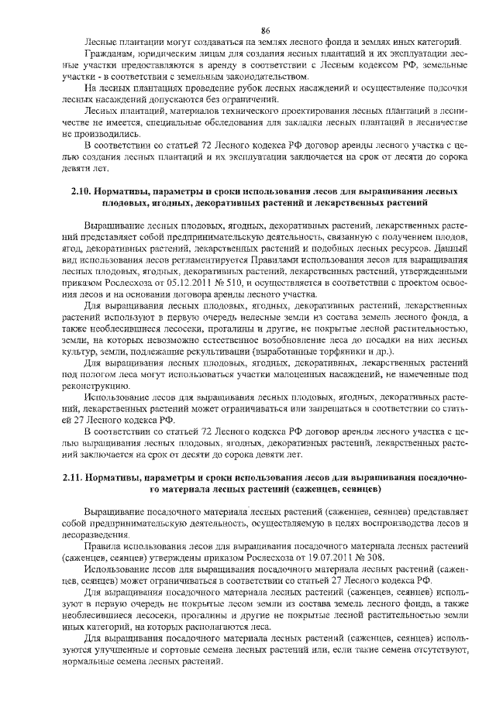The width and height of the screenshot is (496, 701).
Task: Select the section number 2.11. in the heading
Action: (76, 478)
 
